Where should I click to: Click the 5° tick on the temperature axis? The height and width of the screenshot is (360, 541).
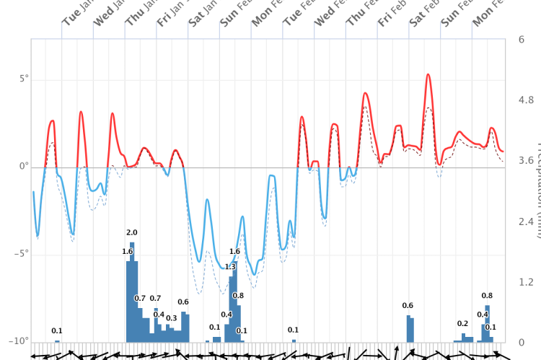pyautogui.click(x=24, y=78)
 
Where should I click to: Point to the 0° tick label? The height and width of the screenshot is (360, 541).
pyautogui.click(x=25, y=166)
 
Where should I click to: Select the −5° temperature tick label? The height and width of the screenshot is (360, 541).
pyautogui.click(x=22, y=253)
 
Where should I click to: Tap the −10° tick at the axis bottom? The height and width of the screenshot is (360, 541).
pyautogui.click(x=19, y=341)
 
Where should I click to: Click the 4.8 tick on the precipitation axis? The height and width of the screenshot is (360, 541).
pyautogui.click(x=526, y=100)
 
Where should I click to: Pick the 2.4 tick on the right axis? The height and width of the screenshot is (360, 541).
pyautogui.click(x=526, y=221)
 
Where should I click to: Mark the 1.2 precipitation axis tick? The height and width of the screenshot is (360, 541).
pyautogui.click(x=526, y=282)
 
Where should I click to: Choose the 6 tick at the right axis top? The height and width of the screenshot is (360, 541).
pyautogui.click(x=521, y=40)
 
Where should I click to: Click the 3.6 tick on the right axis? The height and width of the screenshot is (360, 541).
pyautogui.click(x=526, y=161)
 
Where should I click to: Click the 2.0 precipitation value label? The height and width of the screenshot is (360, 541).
pyautogui.click(x=131, y=232)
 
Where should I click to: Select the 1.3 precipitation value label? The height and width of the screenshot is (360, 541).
pyautogui.click(x=230, y=267)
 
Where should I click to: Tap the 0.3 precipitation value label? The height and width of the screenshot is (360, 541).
pyautogui.click(x=171, y=318)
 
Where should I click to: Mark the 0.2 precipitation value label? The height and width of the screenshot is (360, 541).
pyautogui.click(x=462, y=324)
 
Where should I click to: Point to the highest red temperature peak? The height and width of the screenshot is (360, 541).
pyautogui.click(x=428, y=74)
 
